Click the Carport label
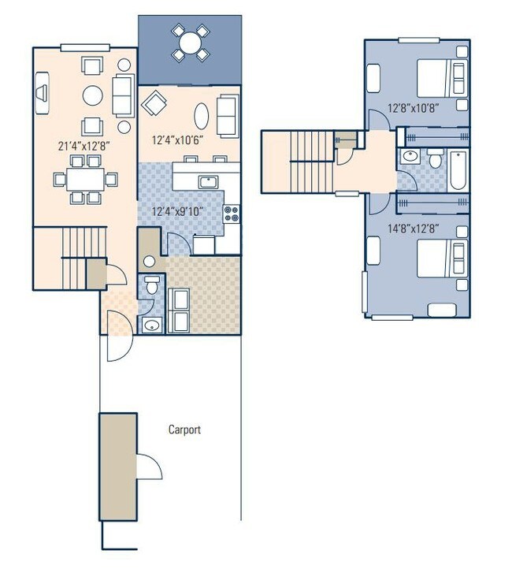pyautogui.click(x=184, y=430)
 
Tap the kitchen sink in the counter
pyautogui.click(x=208, y=182)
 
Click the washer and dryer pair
pyautogui.click(x=179, y=310)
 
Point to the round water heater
pyautogui.click(x=149, y=262)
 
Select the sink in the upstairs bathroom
pyautogui.click(x=409, y=157)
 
